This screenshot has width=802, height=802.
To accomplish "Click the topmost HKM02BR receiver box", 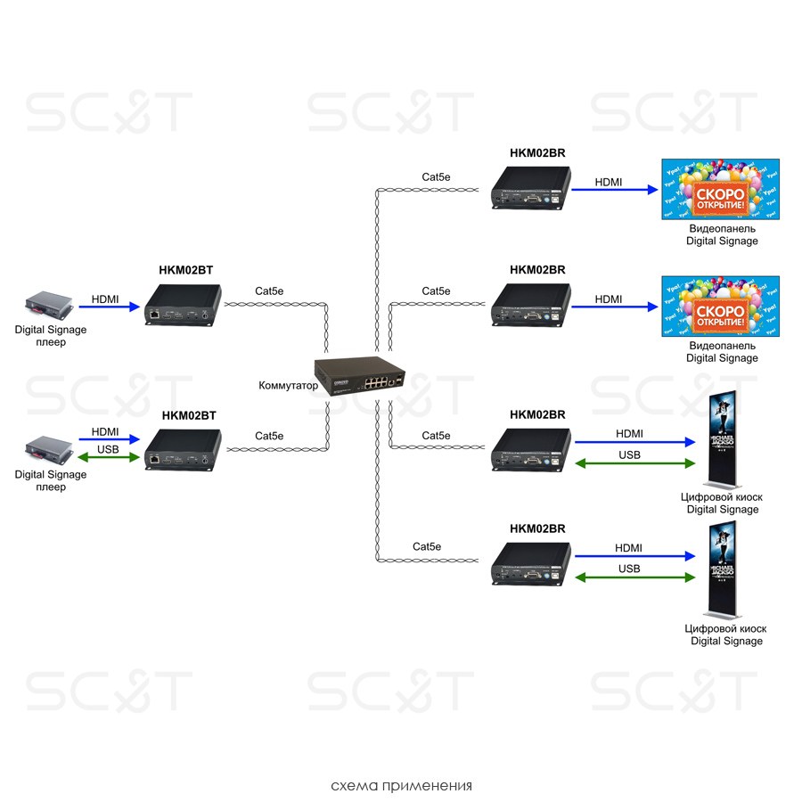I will click(x=531, y=187).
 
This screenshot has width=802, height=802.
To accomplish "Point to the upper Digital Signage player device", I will click(x=50, y=306).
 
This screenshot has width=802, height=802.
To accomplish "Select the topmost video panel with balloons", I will click(x=721, y=189).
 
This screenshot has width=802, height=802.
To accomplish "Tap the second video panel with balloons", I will click(x=721, y=307).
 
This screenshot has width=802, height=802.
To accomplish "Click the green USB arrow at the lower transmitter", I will click(x=110, y=458).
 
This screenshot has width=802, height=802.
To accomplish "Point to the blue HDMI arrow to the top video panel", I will click(x=614, y=189).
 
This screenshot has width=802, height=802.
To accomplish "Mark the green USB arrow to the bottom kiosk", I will click(x=634, y=577).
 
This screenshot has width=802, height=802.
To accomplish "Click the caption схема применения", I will click(x=401, y=786).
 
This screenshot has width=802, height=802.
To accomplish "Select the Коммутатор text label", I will click(x=288, y=386).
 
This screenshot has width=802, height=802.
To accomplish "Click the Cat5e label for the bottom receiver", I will click(x=427, y=546).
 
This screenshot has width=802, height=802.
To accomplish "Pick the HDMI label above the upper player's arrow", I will click(x=106, y=299).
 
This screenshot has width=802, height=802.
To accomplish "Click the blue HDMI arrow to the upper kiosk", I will click(x=634, y=442).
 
